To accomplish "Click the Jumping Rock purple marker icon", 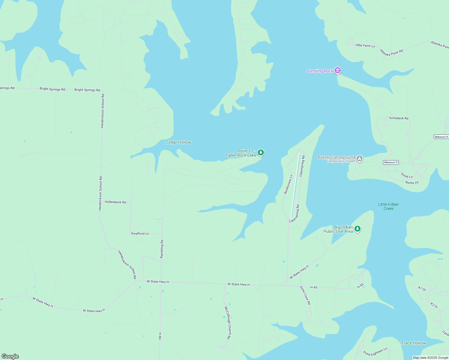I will tap(338, 70).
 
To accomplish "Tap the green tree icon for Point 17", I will tap(261, 152).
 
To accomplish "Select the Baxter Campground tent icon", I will tap(360, 158).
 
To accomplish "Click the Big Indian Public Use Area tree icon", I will tap(357, 229).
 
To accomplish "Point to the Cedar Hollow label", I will tap(179, 142).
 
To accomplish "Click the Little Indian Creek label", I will tap(388, 206).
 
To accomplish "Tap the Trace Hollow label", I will tap(413, 343).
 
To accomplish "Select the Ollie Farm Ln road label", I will tap(365, 46).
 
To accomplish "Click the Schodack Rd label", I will tap(399, 118).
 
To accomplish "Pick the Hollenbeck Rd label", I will tap(115, 202).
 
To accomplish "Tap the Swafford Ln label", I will tap(140, 233).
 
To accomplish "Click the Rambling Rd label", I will tap(162, 249).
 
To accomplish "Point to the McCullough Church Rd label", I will tap(228, 322).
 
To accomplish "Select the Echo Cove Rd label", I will tap(305, 295).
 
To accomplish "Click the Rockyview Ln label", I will tap(288, 184).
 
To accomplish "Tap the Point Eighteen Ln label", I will tap(375, 352).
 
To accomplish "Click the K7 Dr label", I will tap(422, 289).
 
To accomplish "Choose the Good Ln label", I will tap(407, 175).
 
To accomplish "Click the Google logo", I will tap(10, 356).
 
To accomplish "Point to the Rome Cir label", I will tap(412, 182).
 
